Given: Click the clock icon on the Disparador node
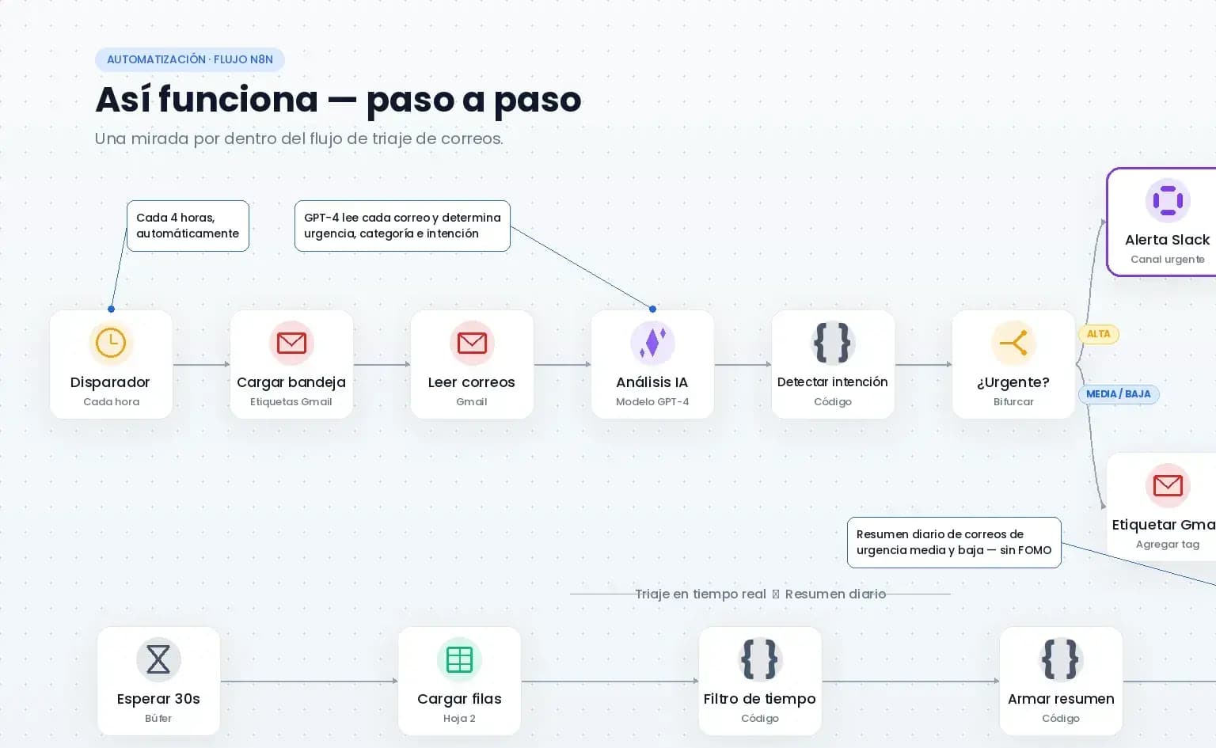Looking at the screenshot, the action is (x=111, y=343).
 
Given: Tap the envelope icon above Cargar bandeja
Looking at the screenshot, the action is (x=291, y=343).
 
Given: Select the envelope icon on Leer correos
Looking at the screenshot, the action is (x=472, y=343).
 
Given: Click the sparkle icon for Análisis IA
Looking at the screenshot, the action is (x=652, y=343).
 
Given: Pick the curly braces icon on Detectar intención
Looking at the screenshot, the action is (x=833, y=343).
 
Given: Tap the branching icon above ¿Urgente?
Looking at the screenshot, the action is (x=1013, y=343).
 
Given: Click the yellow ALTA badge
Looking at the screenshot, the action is (x=1098, y=334).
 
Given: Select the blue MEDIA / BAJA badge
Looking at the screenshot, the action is (x=1119, y=394).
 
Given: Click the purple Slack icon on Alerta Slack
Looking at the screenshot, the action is (x=1168, y=200).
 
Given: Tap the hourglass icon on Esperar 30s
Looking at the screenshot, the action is (x=158, y=659).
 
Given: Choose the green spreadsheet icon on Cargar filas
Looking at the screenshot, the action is (x=459, y=659).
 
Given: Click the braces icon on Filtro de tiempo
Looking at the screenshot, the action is (x=760, y=659).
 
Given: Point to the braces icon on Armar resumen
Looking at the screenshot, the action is (x=1061, y=659).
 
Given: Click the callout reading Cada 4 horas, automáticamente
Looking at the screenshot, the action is (x=188, y=226).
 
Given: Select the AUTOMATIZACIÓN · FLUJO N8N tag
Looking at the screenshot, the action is (x=190, y=59).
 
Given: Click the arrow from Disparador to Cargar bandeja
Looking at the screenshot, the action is (x=201, y=364).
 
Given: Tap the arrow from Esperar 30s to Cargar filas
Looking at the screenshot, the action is (x=310, y=682).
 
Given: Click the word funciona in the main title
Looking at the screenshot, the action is (x=238, y=99).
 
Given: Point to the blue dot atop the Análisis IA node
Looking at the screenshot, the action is (x=652, y=309).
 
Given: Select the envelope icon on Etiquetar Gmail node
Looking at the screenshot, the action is (x=1168, y=485).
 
